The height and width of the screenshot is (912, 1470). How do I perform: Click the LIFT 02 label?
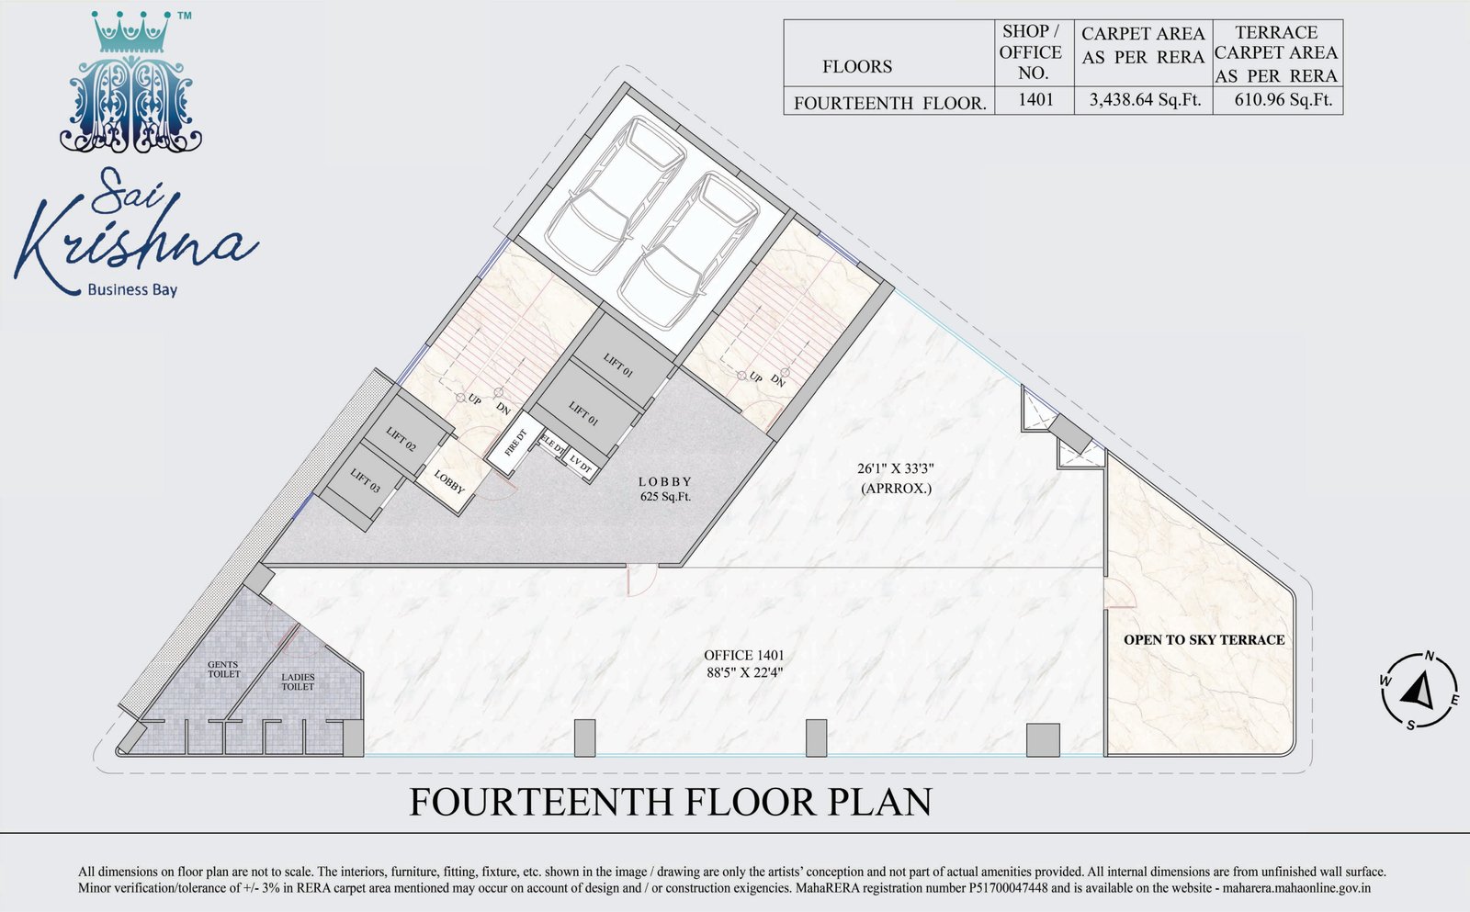[x=401, y=439]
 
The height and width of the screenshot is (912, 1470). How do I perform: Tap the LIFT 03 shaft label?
[x=365, y=480]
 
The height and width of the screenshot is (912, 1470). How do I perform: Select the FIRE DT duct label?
[x=515, y=443]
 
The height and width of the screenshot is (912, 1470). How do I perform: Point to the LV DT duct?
[x=580, y=465]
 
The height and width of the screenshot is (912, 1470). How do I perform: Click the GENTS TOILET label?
[x=224, y=670]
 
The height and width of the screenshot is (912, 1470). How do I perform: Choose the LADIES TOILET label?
[x=298, y=681]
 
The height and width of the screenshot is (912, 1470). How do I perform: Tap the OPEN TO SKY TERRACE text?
[x=1204, y=640]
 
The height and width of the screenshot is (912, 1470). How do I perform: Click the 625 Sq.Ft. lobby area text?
[x=665, y=497]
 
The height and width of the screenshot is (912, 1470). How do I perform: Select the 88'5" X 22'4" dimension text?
[x=743, y=672]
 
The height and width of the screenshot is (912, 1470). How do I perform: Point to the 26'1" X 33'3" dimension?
[x=895, y=468]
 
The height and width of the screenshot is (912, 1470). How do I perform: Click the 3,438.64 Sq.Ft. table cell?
[x=1145, y=100]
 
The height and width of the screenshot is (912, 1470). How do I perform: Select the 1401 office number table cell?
[x=1035, y=100]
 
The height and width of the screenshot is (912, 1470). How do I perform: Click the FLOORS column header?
[x=857, y=66]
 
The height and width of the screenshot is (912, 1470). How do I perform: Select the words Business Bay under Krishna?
[x=132, y=289]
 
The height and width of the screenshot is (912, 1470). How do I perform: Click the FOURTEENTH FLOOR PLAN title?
[x=671, y=802]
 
